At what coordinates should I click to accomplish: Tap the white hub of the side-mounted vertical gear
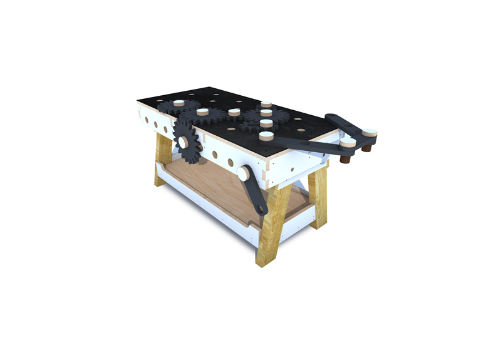click(x=184, y=143)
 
